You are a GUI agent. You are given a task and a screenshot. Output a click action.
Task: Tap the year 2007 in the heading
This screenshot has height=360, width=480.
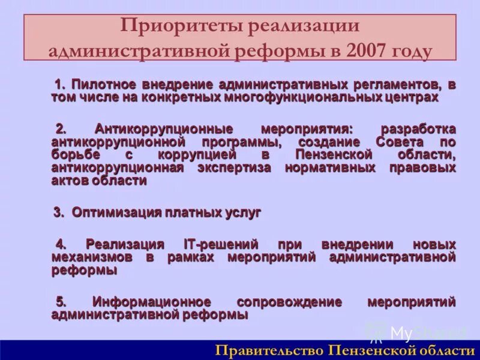click(x=365, y=51)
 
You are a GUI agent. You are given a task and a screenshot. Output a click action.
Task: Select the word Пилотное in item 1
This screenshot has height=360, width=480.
click(x=101, y=84)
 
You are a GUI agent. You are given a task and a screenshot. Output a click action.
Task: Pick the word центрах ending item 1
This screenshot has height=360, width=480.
click(x=414, y=97)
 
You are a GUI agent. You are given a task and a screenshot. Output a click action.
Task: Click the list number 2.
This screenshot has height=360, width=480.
click(x=61, y=129)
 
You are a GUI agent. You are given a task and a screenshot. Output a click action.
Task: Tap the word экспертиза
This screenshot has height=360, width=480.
click(x=233, y=168)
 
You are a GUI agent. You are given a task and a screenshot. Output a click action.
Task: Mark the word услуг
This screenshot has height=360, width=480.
click(x=241, y=212)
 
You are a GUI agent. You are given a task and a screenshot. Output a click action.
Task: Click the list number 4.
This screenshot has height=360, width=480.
click(x=61, y=244)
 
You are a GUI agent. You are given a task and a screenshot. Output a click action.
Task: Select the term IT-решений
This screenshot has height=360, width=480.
click(x=220, y=244)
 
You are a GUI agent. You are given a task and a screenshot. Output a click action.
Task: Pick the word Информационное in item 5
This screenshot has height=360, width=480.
click(x=151, y=301)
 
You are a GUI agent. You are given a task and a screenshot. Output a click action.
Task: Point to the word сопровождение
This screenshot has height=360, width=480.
click(x=289, y=301)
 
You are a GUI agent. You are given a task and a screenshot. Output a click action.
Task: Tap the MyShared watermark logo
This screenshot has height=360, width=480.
click(x=414, y=332)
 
